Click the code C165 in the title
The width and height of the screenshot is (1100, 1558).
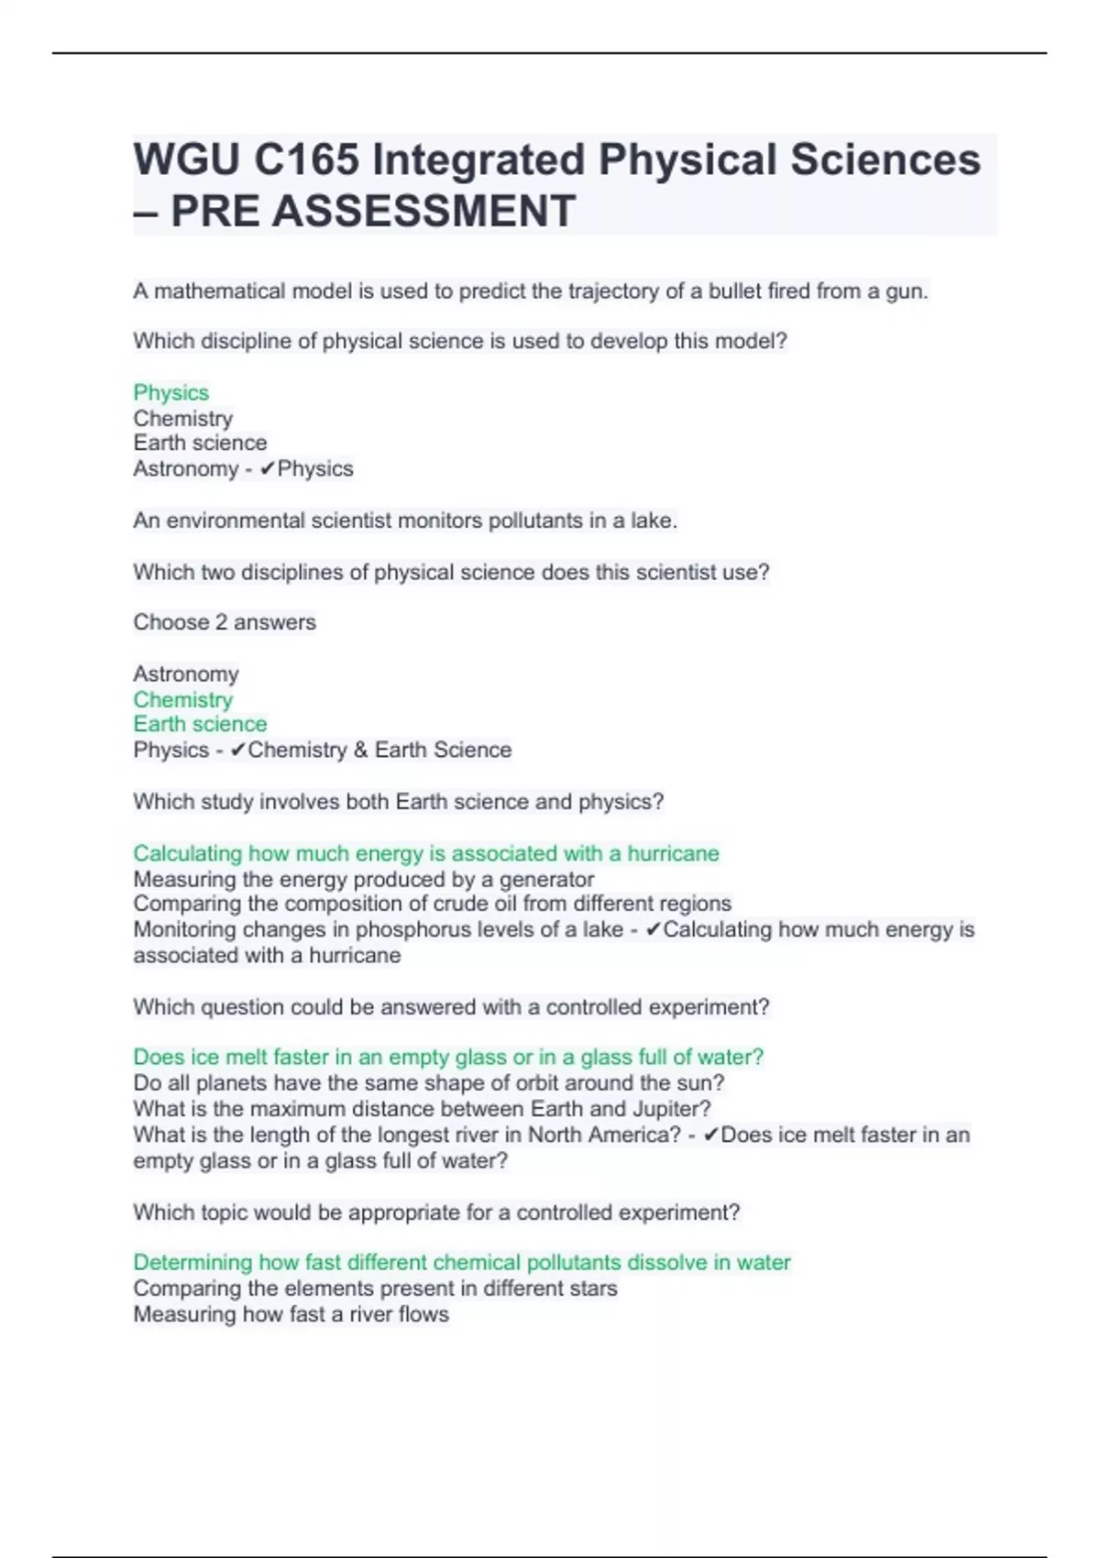click(x=306, y=160)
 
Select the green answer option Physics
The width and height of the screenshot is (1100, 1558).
click(x=170, y=392)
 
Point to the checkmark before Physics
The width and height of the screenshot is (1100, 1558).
click(x=267, y=469)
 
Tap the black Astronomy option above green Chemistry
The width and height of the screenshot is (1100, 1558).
click(x=186, y=674)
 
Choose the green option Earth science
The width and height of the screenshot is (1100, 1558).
click(x=200, y=724)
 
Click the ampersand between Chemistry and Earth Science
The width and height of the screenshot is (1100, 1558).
click(x=360, y=750)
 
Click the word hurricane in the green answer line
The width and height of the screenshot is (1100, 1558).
click(x=673, y=853)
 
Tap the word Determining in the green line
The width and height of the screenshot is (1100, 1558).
click(x=192, y=1263)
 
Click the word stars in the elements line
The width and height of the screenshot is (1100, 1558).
click(x=592, y=1289)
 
